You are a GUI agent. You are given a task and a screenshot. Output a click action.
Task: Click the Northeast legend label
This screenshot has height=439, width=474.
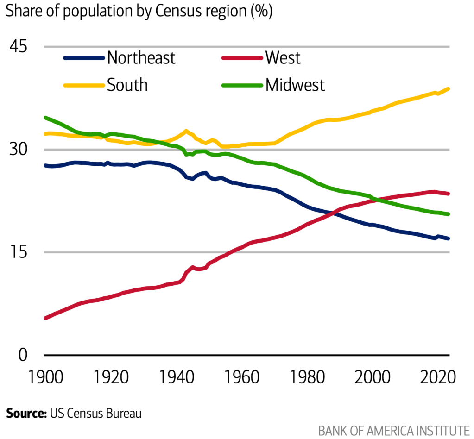[141, 58]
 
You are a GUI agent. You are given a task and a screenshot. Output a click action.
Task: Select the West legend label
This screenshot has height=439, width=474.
[283, 58]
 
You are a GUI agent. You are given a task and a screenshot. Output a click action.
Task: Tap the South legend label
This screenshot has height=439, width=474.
[127, 85]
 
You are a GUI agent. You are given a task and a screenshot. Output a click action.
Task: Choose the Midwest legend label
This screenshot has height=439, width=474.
[295, 85]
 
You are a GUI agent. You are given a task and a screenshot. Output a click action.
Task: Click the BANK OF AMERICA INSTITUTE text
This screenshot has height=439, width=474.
[394, 430]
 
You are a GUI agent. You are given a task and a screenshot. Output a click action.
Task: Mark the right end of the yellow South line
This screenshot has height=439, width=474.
[449, 88]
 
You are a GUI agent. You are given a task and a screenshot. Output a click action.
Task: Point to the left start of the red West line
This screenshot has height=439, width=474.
[45, 318]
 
